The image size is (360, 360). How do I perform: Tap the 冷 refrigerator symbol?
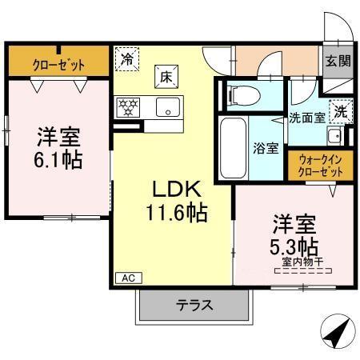(126, 58)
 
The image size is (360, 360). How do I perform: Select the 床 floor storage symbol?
(163, 77)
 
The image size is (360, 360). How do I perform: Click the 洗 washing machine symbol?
(339, 112)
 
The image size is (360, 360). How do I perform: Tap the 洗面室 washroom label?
(306, 118)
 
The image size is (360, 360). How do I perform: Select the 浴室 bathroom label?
(266, 149)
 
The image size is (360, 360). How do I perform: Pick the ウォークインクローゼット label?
(318, 166)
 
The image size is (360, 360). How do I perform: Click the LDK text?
(174, 190)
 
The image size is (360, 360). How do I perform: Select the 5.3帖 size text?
(297, 244)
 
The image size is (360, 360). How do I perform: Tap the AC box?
(127, 278)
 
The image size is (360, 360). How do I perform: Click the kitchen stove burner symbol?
(128, 106)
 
